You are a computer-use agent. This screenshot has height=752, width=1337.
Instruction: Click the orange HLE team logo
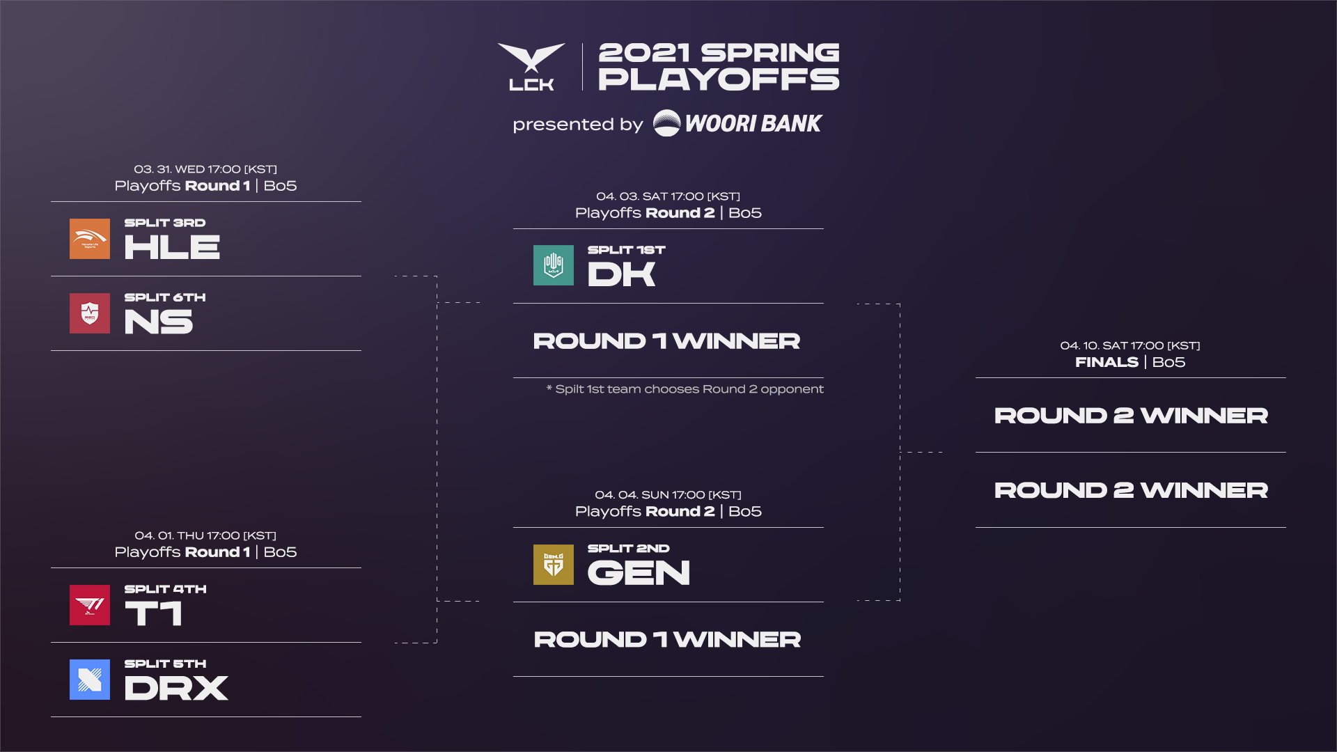point(90,239)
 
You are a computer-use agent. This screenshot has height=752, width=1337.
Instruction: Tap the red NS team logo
point(90,313)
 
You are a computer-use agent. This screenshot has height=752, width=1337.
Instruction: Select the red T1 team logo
point(90,605)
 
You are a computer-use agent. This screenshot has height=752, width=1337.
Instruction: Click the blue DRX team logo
point(90,680)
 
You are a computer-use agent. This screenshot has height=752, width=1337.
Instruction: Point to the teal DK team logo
point(554,265)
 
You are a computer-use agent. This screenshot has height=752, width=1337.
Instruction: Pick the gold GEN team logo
point(554,564)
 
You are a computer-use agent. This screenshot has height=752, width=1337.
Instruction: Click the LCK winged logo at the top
point(531,66)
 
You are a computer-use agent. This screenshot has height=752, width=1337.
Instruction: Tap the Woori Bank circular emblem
point(666,123)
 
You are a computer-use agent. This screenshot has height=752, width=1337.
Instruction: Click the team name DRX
point(175,688)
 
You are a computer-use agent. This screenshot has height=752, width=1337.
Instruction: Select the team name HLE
point(172,247)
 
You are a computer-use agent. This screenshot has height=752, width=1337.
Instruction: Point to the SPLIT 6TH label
point(165,297)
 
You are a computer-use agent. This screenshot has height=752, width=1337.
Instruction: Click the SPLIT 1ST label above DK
point(626,250)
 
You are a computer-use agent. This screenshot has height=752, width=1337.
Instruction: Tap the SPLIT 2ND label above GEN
point(628,549)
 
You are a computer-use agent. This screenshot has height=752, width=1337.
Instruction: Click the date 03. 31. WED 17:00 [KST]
point(205,169)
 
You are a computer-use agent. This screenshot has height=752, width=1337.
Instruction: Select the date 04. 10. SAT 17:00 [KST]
point(1129,345)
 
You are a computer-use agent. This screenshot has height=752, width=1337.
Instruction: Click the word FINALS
point(1106,362)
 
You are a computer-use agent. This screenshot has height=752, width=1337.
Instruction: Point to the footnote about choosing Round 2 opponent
point(685,389)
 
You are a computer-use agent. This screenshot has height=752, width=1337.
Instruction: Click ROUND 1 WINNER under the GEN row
point(667,639)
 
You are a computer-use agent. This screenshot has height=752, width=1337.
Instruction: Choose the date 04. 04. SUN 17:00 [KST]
point(668,495)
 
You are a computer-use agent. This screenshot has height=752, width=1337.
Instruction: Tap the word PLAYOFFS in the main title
point(719,79)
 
